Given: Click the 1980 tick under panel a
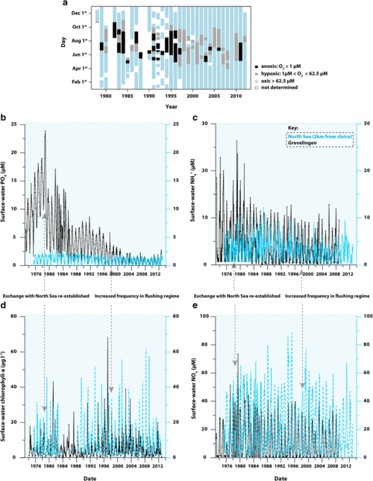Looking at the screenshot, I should pos(106,96).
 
